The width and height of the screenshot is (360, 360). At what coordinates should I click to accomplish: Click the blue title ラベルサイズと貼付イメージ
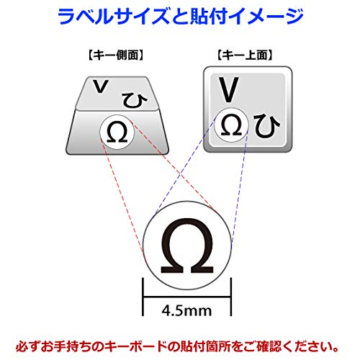181,17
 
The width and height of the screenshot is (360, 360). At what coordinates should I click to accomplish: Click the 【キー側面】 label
116,55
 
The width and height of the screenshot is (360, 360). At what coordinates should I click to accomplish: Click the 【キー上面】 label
245,55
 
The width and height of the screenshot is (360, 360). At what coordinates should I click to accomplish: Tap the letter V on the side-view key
101,86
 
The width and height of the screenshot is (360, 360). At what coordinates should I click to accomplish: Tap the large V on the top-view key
229,89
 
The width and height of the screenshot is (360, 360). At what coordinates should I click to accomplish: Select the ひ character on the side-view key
135,100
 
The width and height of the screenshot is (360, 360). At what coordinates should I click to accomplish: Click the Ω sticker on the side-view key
117,132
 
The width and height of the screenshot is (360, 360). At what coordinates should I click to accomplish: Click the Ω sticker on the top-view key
231,125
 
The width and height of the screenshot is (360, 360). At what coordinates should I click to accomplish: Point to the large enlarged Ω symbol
187,246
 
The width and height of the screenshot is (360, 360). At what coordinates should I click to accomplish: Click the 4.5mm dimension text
186,311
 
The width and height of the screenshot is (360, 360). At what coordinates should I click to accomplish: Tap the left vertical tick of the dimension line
143,297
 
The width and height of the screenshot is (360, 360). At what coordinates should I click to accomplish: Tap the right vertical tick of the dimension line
231,297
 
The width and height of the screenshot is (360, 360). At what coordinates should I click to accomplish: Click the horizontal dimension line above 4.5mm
187,297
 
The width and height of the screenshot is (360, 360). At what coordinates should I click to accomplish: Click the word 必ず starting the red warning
27,346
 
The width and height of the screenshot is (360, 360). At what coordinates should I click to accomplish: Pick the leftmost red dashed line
123,200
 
